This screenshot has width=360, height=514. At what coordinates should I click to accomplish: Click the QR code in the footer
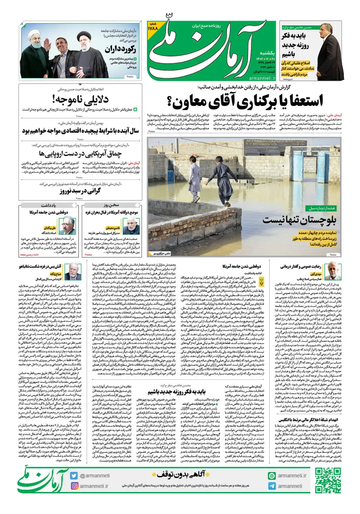(x=328, y=481)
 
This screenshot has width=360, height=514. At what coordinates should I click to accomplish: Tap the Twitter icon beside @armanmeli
(x=74, y=476)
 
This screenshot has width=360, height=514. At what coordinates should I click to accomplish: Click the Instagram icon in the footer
(x=74, y=486)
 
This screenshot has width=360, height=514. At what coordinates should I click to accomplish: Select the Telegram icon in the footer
(x=272, y=486)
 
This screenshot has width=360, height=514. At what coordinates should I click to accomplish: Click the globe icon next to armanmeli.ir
(x=272, y=476)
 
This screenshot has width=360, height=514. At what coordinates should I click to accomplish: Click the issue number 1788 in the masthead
(x=153, y=28)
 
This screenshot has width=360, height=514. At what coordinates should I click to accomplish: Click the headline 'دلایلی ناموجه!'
(x=80, y=99)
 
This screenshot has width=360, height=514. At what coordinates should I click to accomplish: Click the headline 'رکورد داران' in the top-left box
(x=120, y=49)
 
